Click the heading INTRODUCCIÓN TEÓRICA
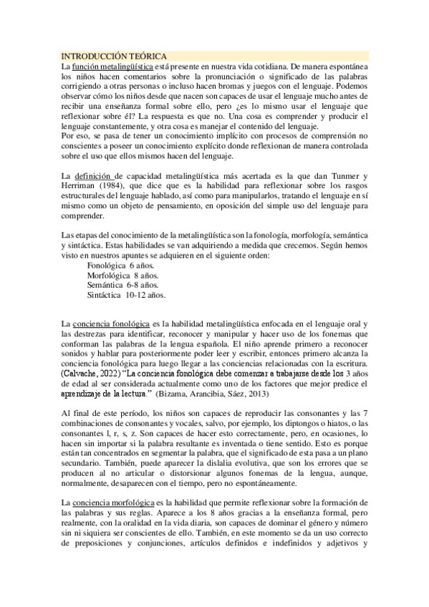click(x=115, y=55)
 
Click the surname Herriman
click(x=79, y=187)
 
